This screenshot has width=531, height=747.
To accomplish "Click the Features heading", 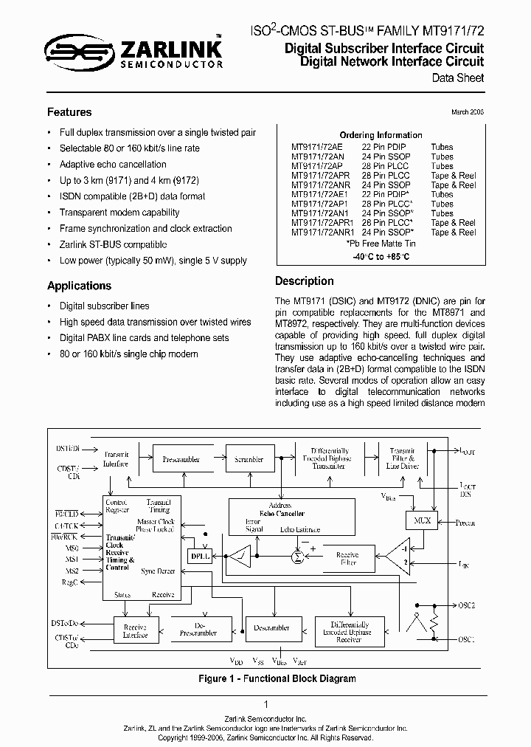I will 69,112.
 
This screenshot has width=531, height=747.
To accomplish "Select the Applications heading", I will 79,286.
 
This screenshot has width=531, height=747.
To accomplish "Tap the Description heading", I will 304,281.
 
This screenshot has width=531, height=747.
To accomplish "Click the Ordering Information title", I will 381,135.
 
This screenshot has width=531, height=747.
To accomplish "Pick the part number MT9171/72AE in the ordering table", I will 317,147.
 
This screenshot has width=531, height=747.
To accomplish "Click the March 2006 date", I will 468,112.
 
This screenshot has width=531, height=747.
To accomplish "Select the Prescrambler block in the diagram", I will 181,459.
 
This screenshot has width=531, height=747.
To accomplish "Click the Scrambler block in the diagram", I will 249,459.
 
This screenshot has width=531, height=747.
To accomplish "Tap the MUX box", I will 422,520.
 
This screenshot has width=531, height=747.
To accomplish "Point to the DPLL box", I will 200,557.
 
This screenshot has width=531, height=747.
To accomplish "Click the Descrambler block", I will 271,628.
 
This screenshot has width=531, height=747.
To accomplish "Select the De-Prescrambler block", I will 199,629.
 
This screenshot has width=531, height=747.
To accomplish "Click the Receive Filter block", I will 347,558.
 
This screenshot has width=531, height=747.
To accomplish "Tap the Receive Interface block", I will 135,629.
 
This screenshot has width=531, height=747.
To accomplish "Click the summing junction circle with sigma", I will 297,557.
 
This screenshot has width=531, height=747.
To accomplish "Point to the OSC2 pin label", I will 466,605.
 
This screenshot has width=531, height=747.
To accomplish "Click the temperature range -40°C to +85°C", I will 380,256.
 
